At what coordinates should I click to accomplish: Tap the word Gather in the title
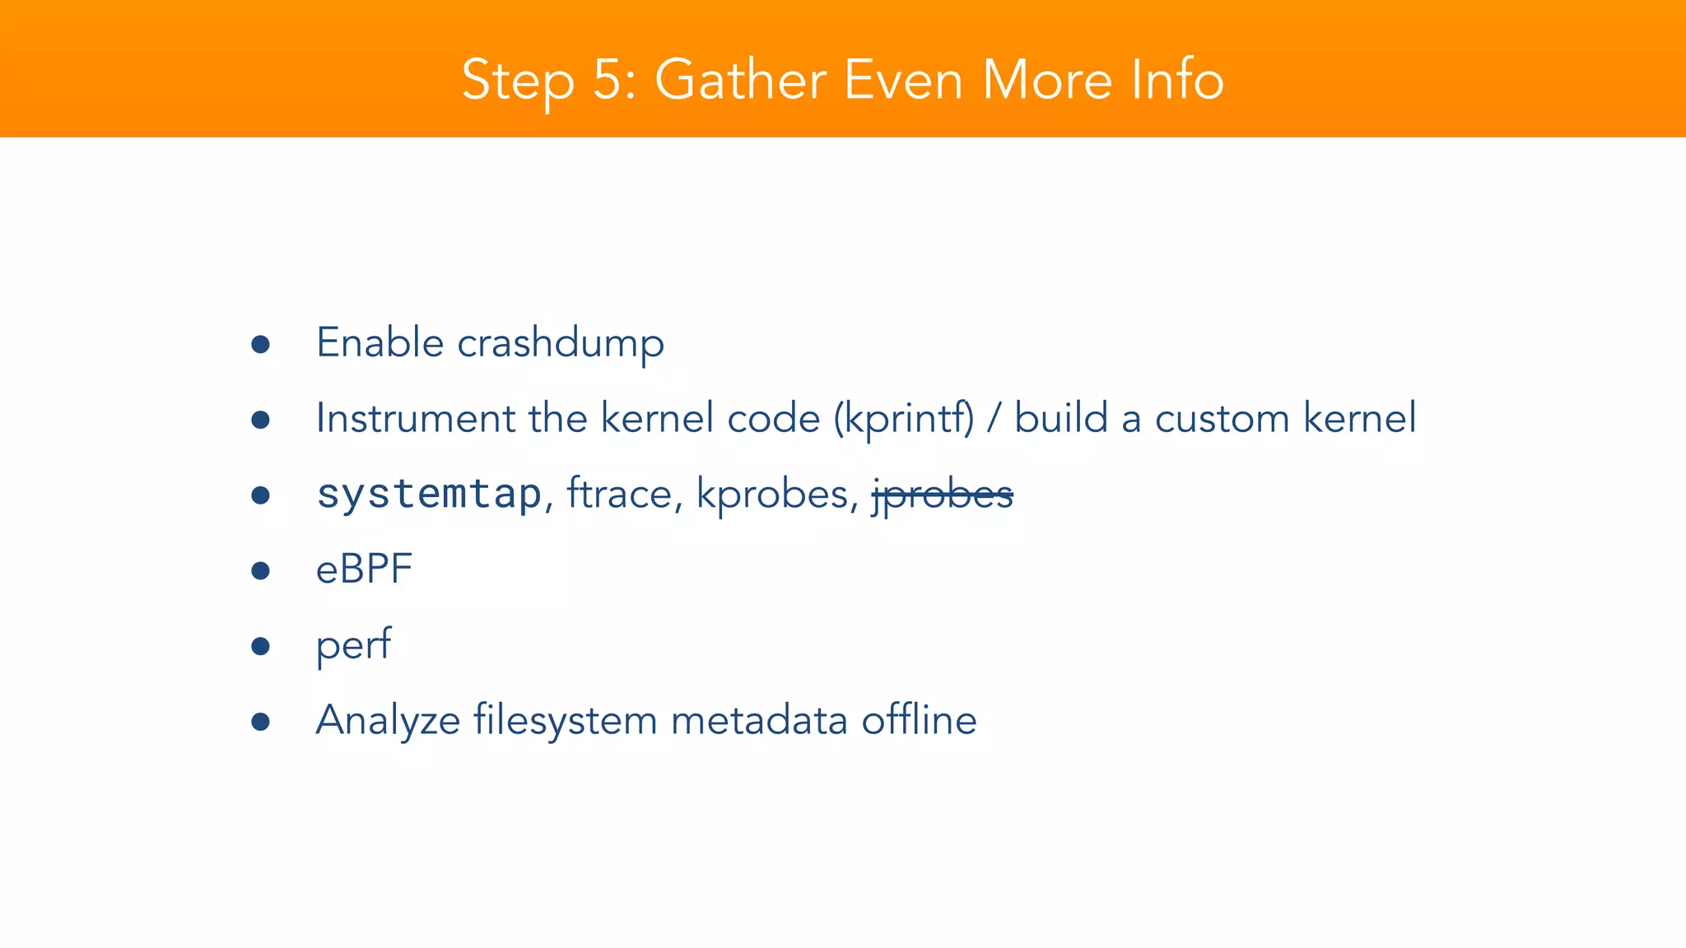click(740, 81)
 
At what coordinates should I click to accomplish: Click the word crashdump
click(561, 343)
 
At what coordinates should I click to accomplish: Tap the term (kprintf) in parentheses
click(904, 419)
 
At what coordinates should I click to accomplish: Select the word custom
click(1222, 418)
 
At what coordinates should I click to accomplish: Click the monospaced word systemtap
click(429, 494)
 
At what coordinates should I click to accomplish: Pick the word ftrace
click(619, 494)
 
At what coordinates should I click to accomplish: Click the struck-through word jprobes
click(943, 495)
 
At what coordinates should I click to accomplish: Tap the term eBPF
click(364, 569)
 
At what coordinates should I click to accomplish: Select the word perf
click(354, 645)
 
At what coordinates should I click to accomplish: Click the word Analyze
click(388, 721)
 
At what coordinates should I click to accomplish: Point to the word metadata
click(759, 721)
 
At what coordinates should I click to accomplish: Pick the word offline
click(919, 721)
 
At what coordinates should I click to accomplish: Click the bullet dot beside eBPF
click(261, 570)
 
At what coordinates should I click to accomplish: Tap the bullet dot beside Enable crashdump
click(261, 344)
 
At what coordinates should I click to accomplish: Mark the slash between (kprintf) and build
click(994, 418)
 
